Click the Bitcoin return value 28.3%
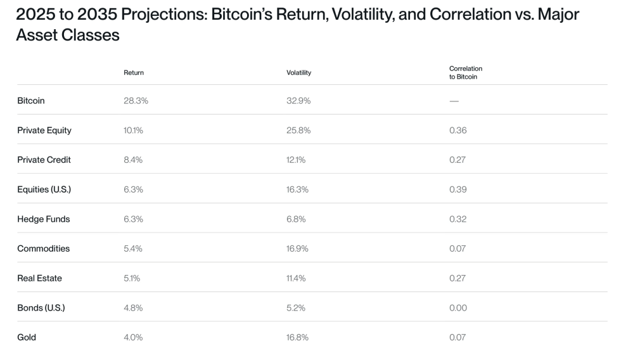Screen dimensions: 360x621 pos(136,101)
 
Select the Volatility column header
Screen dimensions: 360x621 pos(298,73)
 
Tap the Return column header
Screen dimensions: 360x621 pos(133,73)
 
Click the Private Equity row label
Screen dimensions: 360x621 pos(44,131)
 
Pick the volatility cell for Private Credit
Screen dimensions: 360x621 pos(296,160)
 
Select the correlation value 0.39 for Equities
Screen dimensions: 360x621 pos(458,190)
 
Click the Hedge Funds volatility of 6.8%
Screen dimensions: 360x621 pos(296,219)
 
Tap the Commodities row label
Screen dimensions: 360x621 pos(44,248)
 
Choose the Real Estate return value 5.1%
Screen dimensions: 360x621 pos(132,278)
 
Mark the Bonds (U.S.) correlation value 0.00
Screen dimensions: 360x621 pos(458,308)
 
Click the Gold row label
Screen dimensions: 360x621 pos(27,337)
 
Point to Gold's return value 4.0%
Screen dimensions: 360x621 pos(133,337)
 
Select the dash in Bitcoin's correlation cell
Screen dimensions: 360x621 pos(454,101)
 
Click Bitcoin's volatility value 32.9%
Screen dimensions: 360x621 pos(298,101)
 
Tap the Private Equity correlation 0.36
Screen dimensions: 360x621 pos(458,131)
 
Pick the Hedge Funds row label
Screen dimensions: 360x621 pos(44,219)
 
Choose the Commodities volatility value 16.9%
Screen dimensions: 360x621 pos(297,248)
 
